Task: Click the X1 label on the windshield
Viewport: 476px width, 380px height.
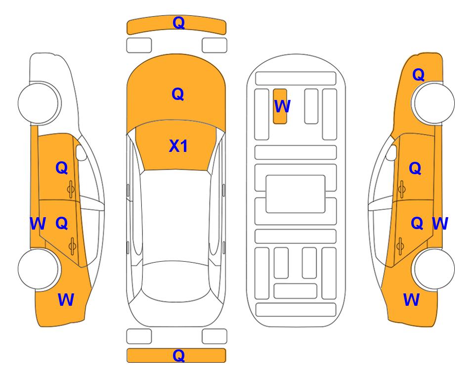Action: tap(178, 146)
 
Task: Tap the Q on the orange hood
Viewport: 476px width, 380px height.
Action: tap(178, 94)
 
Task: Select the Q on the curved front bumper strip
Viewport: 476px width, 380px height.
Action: tap(178, 23)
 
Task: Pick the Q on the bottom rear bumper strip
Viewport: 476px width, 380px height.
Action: tap(178, 355)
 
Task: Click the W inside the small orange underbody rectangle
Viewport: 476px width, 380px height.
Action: tap(282, 106)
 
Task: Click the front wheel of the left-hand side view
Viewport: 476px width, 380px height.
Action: tap(39, 103)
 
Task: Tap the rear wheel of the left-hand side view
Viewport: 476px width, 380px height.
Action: tap(39, 269)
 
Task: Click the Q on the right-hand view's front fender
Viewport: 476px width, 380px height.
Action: tap(418, 75)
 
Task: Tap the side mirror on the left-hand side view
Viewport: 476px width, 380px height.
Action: tap(81, 152)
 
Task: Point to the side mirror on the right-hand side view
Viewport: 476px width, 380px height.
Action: tap(391, 152)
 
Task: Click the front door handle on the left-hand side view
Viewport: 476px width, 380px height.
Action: tap(71, 190)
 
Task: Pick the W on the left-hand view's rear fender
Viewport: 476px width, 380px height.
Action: tap(66, 300)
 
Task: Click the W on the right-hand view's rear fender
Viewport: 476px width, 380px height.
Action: tap(411, 300)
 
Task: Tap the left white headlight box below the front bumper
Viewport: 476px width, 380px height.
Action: tap(139, 46)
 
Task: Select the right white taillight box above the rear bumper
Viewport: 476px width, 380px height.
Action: tap(215, 336)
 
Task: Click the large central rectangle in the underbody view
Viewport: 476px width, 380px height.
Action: tap(296, 194)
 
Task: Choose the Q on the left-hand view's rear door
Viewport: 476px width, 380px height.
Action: tap(62, 224)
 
